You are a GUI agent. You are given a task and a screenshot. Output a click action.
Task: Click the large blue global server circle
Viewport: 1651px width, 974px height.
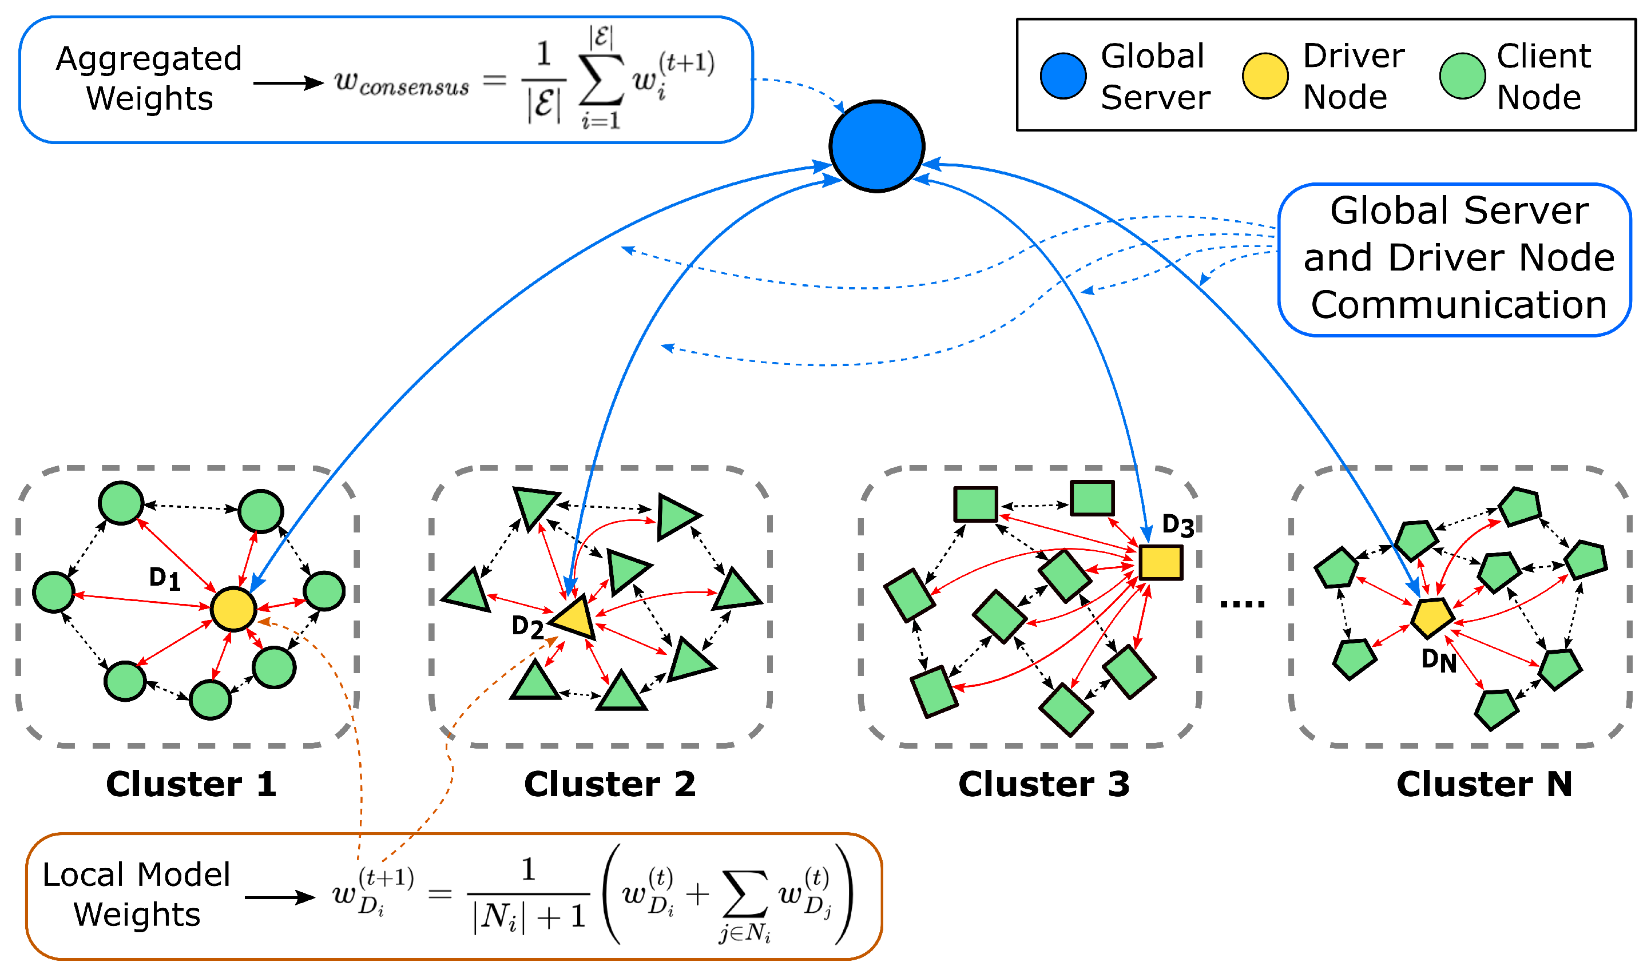coord(876,146)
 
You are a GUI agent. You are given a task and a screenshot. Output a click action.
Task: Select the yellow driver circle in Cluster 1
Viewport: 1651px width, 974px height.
coord(233,609)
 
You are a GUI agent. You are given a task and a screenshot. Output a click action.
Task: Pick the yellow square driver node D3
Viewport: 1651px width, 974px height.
coord(1161,562)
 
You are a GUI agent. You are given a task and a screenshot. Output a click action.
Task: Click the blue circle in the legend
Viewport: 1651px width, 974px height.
coord(1063,76)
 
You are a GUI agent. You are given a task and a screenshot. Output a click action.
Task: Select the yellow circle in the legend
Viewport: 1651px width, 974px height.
coord(1265,76)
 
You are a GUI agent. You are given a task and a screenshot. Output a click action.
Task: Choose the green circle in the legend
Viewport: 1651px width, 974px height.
coord(1463,76)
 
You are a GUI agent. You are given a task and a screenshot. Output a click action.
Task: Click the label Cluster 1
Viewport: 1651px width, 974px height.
coord(191,784)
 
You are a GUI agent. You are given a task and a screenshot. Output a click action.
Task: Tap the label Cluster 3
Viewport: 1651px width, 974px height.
coord(1044,784)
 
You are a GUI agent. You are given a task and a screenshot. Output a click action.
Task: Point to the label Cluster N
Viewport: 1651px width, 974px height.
coord(1485,784)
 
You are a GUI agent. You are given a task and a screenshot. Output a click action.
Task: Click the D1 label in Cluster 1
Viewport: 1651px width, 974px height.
coord(164,578)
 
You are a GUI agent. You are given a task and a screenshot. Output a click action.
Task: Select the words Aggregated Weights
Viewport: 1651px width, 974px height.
coord(150,79)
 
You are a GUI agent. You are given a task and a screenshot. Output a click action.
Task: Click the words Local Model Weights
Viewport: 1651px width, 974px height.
coord(137,895)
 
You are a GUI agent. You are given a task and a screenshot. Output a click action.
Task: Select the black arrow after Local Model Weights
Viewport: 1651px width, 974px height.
coord(280,897)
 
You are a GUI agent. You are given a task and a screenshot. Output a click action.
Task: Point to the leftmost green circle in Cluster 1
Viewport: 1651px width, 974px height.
coord(54,592)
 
